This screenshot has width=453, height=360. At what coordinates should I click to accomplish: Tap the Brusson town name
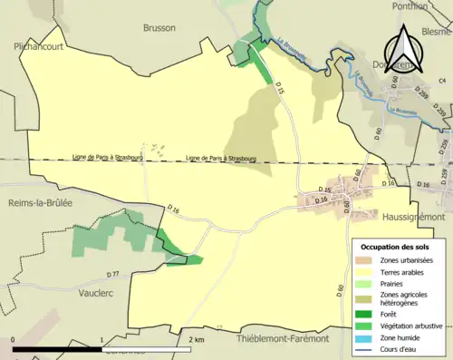(159, 27)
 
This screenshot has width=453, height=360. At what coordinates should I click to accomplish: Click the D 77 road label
(112, 274)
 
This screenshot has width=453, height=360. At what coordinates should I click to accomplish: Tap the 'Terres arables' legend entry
(405, 270)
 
